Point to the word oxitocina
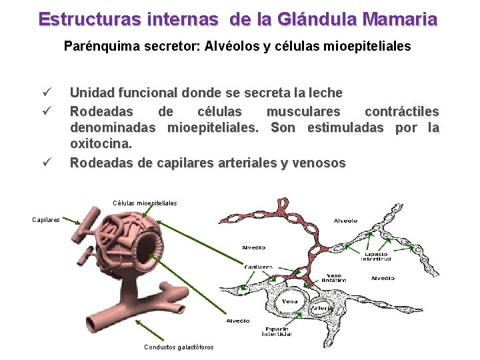point(101,143)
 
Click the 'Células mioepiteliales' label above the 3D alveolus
point(145,203)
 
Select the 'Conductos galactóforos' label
point(179,347)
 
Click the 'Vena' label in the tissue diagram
point(291,301)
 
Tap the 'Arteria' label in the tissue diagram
point(322,308)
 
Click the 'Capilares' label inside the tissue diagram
point(258,267)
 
